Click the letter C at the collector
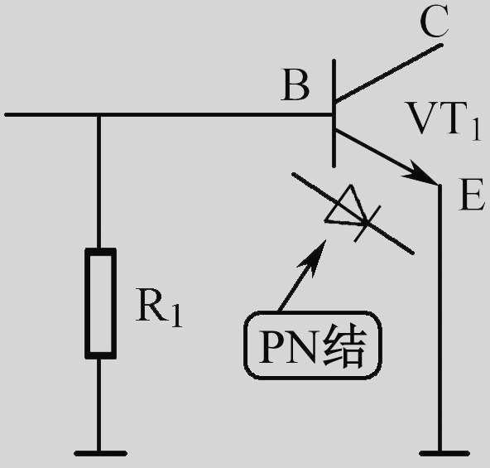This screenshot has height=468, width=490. point(435,22)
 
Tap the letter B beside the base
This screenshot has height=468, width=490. point(295,85)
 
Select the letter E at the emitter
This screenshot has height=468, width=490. point(472,195)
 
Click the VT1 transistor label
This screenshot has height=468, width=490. point(443,120)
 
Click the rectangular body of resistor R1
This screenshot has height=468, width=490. point(101,303)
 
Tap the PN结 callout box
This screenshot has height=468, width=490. point(313,345)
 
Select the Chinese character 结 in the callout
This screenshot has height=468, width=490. point(344,346)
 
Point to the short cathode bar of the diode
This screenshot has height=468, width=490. point(367,224)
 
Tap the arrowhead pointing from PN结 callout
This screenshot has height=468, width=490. point(314,257)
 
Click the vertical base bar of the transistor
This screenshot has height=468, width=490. point(334,113)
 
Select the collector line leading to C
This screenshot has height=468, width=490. point(388,73)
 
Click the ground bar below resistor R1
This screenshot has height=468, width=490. point(101,453)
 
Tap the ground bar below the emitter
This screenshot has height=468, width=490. point(444,453)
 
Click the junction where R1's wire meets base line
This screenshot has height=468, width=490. point(98,115)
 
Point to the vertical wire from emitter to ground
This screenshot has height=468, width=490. point(440,317)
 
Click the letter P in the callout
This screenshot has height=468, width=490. point(271,346)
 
